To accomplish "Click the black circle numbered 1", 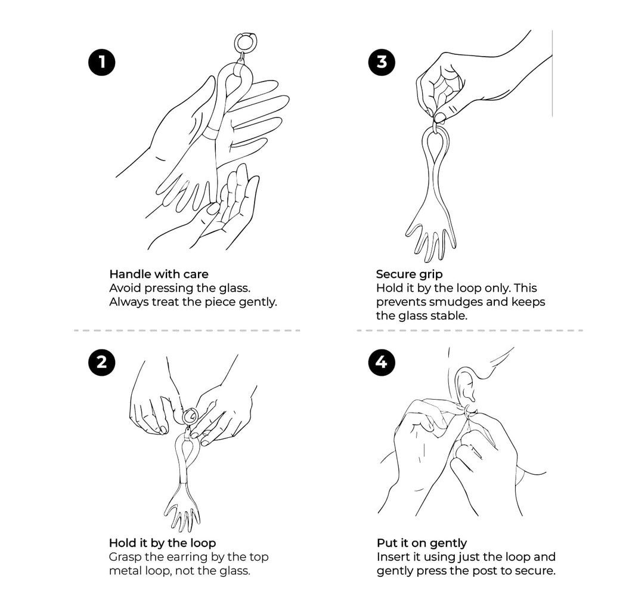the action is tap(102, 62).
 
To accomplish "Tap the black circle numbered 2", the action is tap(102, 362).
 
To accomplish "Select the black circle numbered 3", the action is tap(382, 62).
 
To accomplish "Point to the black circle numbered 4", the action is tap(382, 362).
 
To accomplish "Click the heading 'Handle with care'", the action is tap(159, 274).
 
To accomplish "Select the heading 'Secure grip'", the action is tap(409, 274).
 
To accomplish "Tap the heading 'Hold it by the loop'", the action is tap(163, 543).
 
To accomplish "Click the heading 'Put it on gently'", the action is tap(422, 543).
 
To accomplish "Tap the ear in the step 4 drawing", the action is tap(465, 385).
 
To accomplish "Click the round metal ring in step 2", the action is tap(190, 416).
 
